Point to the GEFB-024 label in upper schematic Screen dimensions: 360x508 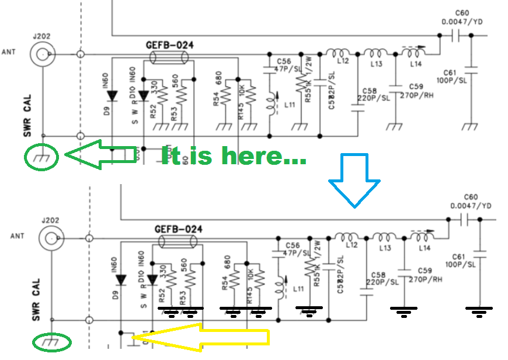[169, 45]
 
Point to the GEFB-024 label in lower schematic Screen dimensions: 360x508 [178, 229]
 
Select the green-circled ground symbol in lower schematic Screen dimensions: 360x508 [52, 341]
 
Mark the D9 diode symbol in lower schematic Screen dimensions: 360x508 [120, 280]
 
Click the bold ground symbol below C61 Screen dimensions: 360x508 [479, 310]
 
